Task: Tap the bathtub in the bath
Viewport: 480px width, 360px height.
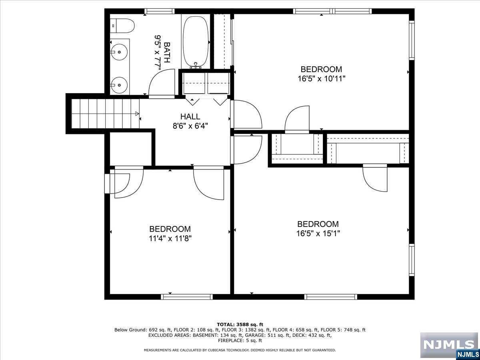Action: coord(196,42)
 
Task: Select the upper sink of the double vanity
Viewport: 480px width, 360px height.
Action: coord(119,51)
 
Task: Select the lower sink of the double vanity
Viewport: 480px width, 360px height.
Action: coord(119,84)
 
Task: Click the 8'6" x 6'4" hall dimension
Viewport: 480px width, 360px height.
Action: coord(190,126)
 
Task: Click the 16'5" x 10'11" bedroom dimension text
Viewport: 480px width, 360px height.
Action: coord(321,79)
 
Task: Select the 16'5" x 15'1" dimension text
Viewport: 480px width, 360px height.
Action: coord(318,234)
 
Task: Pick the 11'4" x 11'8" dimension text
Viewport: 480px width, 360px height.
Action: coord(170,238)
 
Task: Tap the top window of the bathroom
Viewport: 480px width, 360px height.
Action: coord(159,11)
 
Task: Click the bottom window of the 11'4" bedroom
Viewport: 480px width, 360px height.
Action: coord(186,297)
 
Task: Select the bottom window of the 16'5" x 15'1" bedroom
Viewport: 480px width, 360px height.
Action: coord(330,297)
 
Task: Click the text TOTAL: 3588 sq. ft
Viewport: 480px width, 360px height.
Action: coord(240,324)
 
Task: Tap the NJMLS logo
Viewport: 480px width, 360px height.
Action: coord(449,345)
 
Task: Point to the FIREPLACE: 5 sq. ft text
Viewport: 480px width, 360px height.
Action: coord(240,341)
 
